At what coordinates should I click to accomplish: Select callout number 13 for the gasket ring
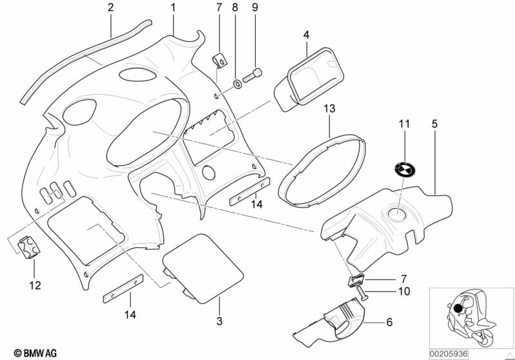[x=329, y=110]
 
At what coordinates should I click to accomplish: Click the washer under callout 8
[x=237, y=82]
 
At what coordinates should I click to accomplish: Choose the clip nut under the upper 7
[x=219, y=61]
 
